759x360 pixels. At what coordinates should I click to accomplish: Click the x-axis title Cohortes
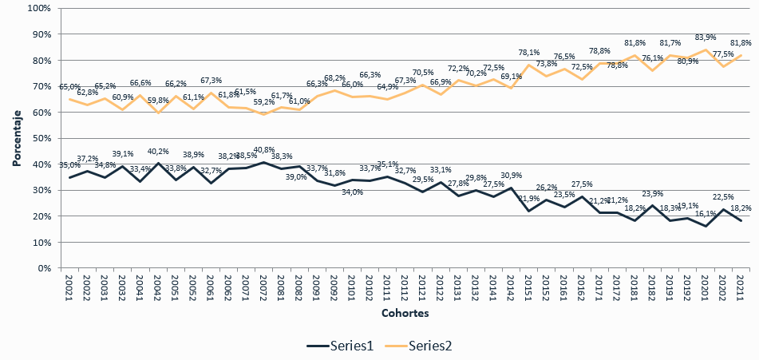(x=405, y=313)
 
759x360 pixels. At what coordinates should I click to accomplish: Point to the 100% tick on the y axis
(x=39, y=8)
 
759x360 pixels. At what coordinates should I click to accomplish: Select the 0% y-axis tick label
(x=45, y=268)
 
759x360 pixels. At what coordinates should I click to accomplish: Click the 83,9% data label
(x=706, y=38)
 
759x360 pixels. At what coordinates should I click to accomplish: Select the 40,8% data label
(x=265, y=150)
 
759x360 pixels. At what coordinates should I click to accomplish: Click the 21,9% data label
(x=530, y=199)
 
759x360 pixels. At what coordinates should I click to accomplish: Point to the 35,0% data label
(x=70, y=165)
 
